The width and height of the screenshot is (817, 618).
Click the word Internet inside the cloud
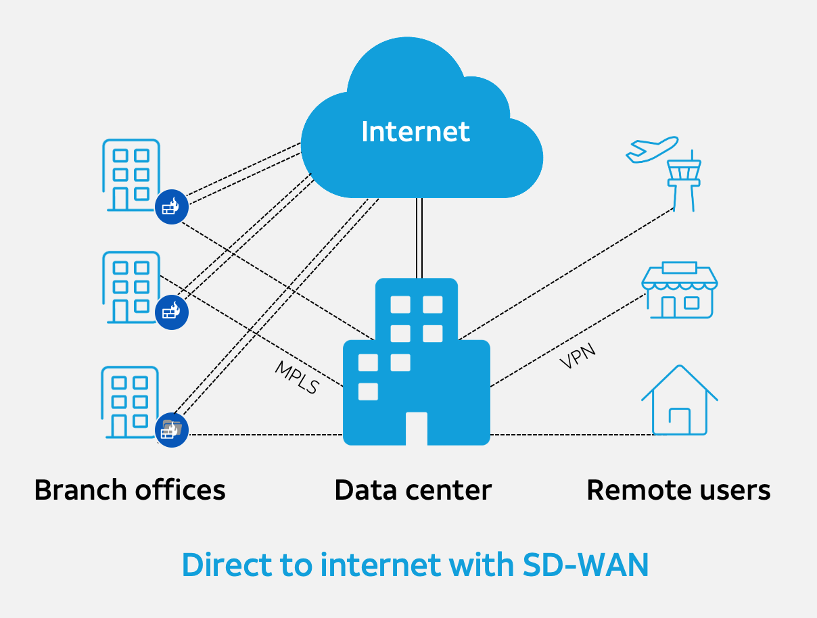(415, 131)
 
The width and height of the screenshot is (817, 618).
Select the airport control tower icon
(684, 180)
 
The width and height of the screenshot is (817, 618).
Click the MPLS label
(296, 377)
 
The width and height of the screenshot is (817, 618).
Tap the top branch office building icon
(131, 175)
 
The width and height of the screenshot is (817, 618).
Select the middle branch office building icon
(131, 287)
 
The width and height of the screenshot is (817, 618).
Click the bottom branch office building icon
(130, 402)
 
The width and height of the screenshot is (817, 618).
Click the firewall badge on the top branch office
(171, 207)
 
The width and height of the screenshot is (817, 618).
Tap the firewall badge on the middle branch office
(171, 312)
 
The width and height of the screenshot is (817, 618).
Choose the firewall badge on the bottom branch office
(171, 430)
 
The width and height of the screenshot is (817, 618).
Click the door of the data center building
(417, 429)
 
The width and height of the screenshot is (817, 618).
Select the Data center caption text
(413, 490)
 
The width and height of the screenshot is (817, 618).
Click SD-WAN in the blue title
(586, 565)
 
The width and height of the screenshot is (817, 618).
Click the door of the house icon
(679, 421)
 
